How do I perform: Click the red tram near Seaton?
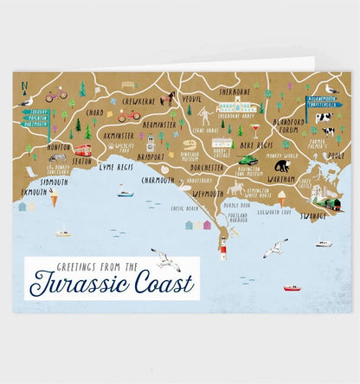tap(83, 149)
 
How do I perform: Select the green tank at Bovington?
tap(248, 160)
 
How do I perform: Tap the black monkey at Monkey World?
tap(282, 165)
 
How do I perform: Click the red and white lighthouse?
tap(222, 252)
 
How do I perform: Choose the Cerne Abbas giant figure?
tap(205, 114)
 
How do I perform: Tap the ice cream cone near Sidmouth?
tap(54, 200)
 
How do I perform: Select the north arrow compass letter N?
tap(25, 86)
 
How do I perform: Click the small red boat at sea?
tap(292, 287)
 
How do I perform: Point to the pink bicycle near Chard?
tap(56, 96)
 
